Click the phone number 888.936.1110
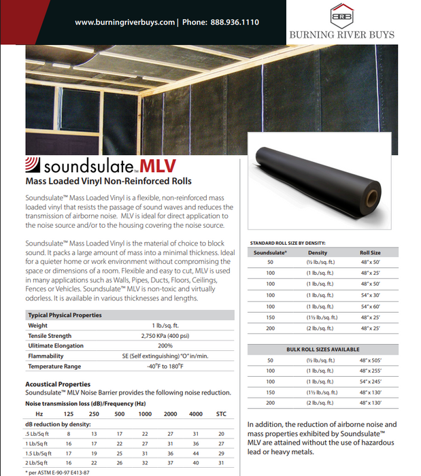click(232, 22)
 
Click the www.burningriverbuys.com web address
click(124, 22)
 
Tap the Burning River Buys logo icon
click(341, 15)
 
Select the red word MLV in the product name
click(159, 165)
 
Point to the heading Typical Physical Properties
click(65, 315)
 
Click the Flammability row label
click(46, 356)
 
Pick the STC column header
click(221, 413)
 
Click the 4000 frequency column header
click(195, 413)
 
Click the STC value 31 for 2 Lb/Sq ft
click(220, 462)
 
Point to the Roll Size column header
click(370, 252)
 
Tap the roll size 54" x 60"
click(371, 307)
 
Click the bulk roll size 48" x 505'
click(371, 360)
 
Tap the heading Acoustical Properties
click(57, 384)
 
